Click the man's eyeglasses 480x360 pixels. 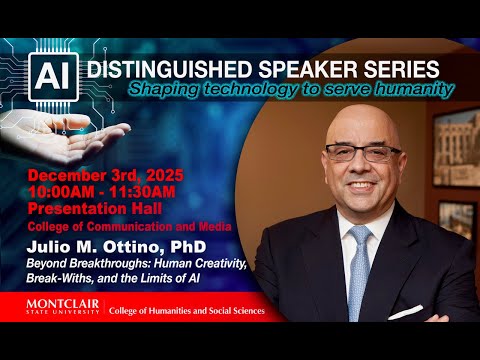[361, 153]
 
